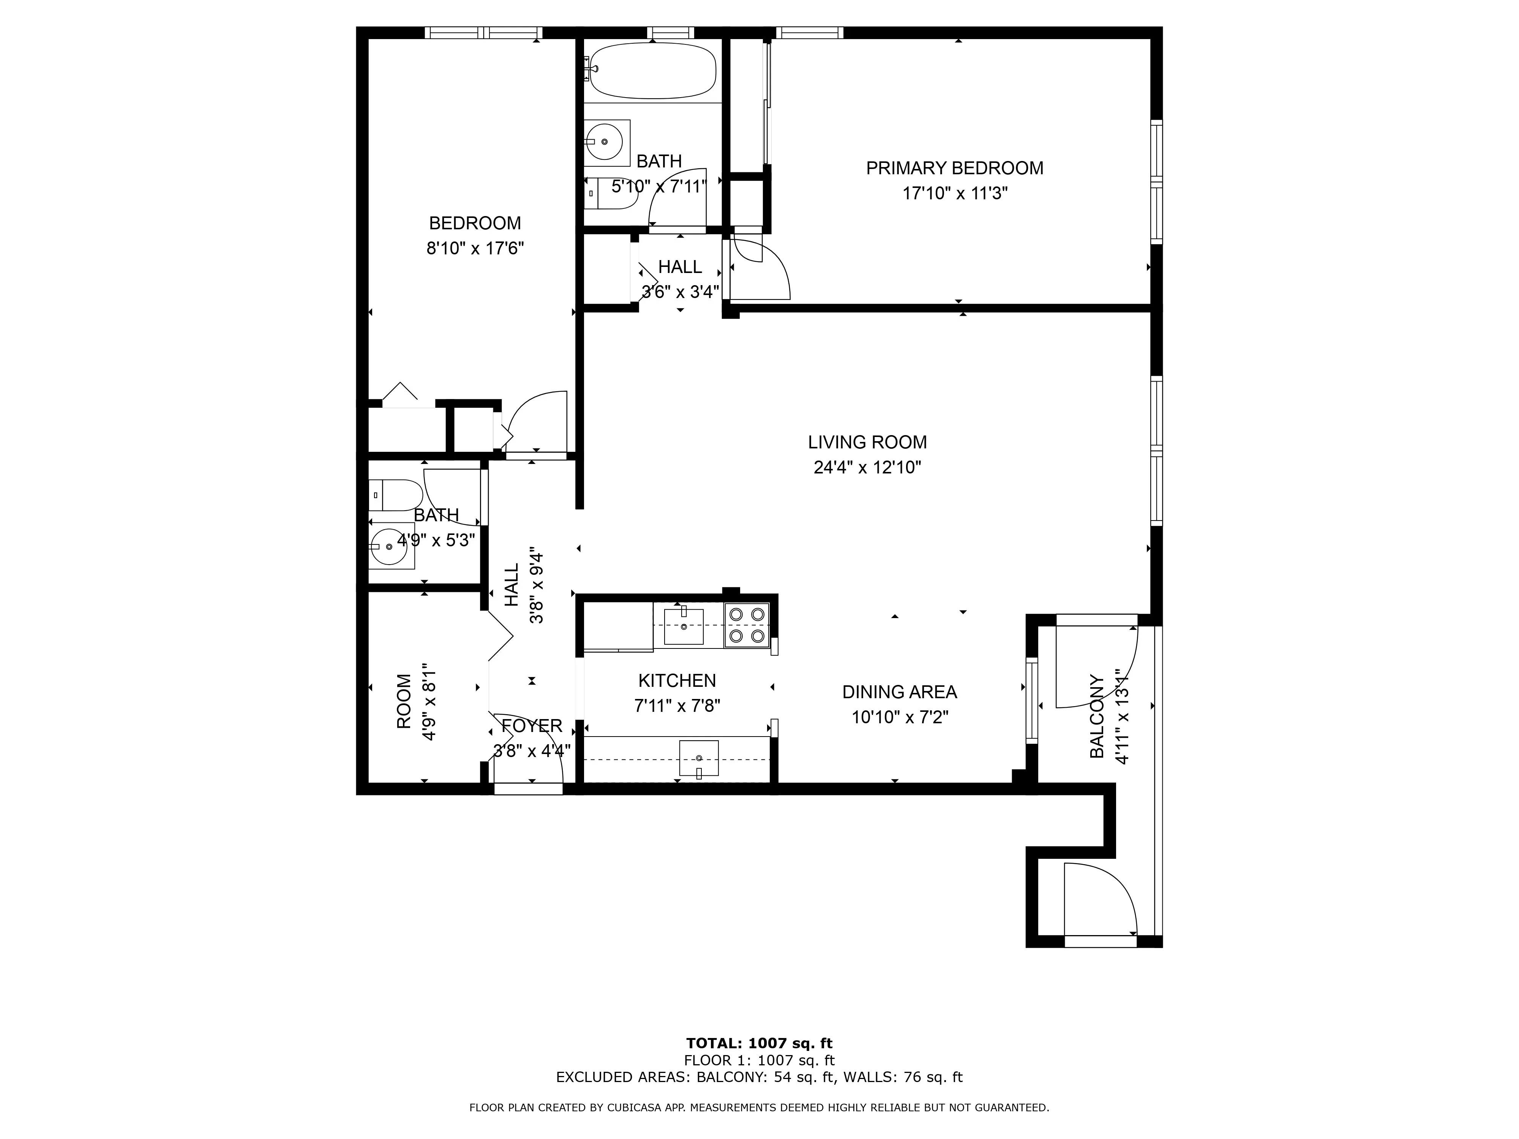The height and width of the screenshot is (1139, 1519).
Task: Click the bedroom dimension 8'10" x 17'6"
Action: (x=475, y=248)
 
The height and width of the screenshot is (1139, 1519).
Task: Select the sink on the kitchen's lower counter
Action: (x=698, y=758)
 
